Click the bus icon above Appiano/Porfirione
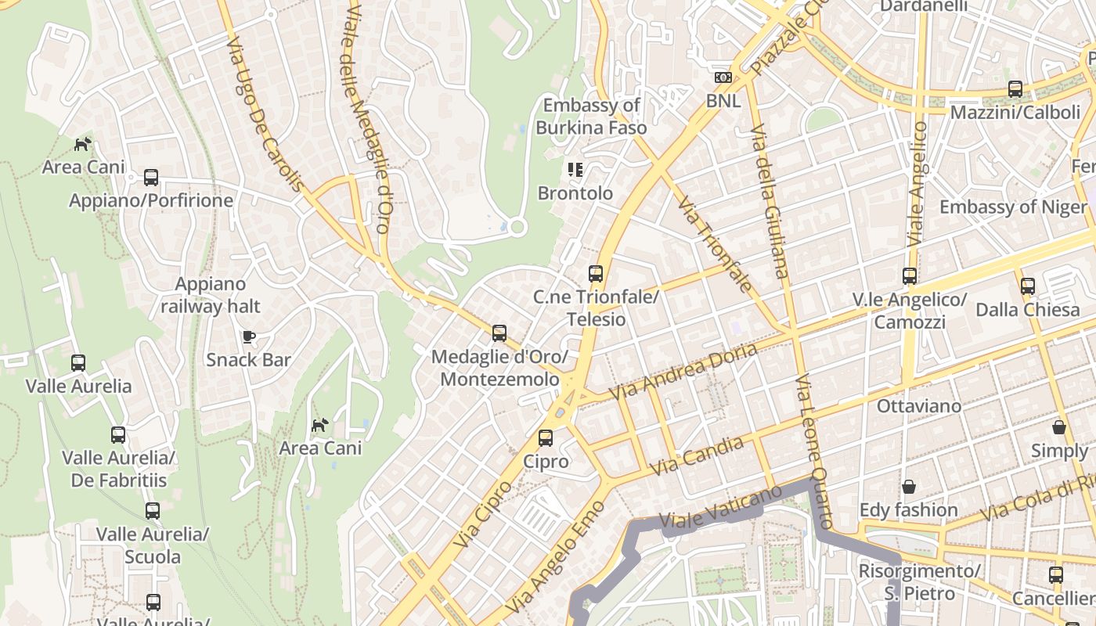pos(151,178)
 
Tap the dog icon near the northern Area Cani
pos(82,144)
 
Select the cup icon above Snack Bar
pos(248,336)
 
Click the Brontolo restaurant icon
pos(575,170)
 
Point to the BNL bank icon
pos(723,77)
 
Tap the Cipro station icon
pos(546,438)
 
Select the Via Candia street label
pos(697,456)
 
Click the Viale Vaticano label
pos(720,506)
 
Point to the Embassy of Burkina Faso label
pos(591,117)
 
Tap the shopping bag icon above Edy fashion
pos(908,487)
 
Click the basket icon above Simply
pos(1059,427)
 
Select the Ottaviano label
pos(918,406)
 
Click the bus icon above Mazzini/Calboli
pos(1015,89)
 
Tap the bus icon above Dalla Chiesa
pos(1028,286)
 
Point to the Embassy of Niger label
pos(1012,207)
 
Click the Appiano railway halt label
pos(210,295)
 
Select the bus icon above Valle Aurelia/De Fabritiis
pos(118,434)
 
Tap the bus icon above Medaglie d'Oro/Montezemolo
pos(499,333)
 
